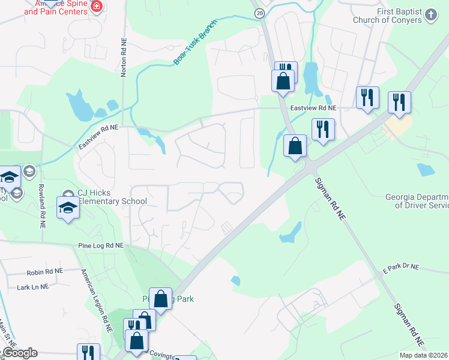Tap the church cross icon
point(431,15)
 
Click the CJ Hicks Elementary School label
point(112,197)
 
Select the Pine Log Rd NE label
point(100,246)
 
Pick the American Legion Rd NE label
point(96,301)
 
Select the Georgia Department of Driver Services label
point(417,201)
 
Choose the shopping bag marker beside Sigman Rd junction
point(295,146)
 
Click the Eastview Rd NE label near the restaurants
point(313,107)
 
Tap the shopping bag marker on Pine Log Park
point(160,298)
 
